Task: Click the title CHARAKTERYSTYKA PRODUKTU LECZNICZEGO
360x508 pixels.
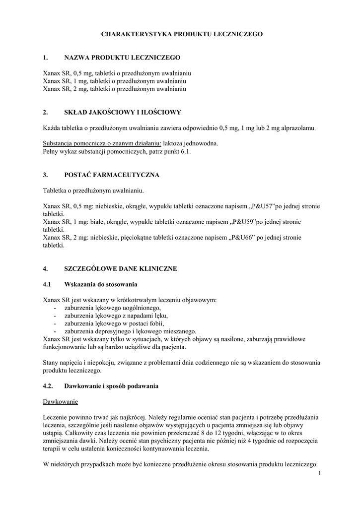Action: click(x=182, y=34)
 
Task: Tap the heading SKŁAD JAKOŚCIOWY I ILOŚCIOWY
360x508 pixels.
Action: click(x=123, y=113)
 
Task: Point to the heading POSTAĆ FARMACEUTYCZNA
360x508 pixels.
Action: click(x=112, y=175)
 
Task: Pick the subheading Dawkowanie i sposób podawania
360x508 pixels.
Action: click(x=111, y=386)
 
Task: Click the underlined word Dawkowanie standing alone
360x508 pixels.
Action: click(x=60, y=401)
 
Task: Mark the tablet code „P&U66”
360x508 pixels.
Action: click(x=242, y=238)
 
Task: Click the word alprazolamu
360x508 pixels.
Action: click(x=297, y=128)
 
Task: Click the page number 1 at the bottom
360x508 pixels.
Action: click(x=321, y=473)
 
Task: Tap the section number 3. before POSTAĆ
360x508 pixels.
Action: click(x=45, y=175)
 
